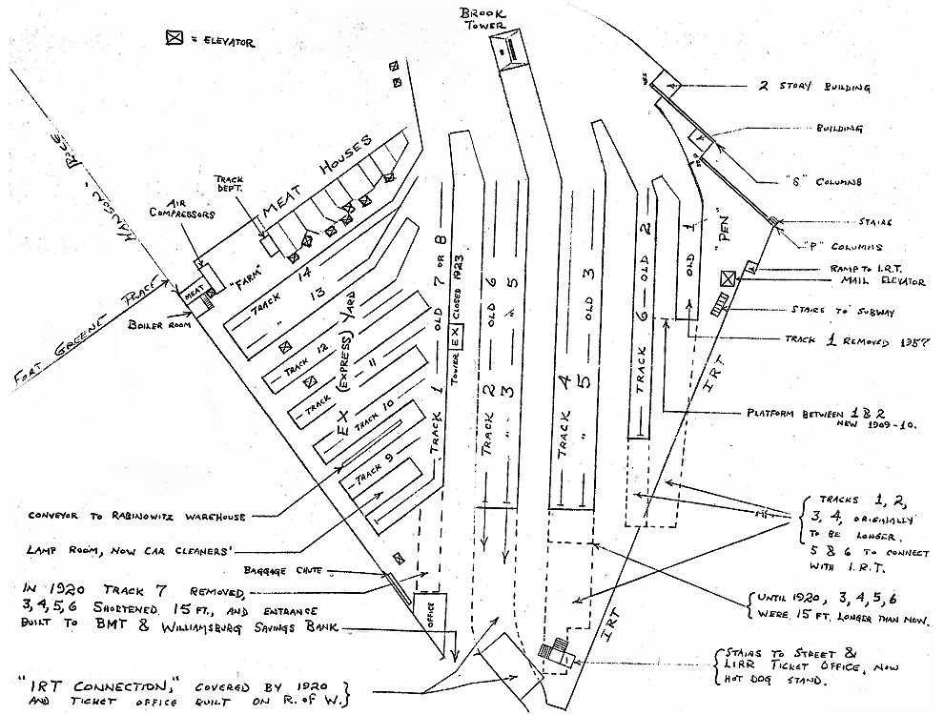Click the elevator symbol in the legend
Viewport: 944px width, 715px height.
pyautogui.click(x=174, y=39)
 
